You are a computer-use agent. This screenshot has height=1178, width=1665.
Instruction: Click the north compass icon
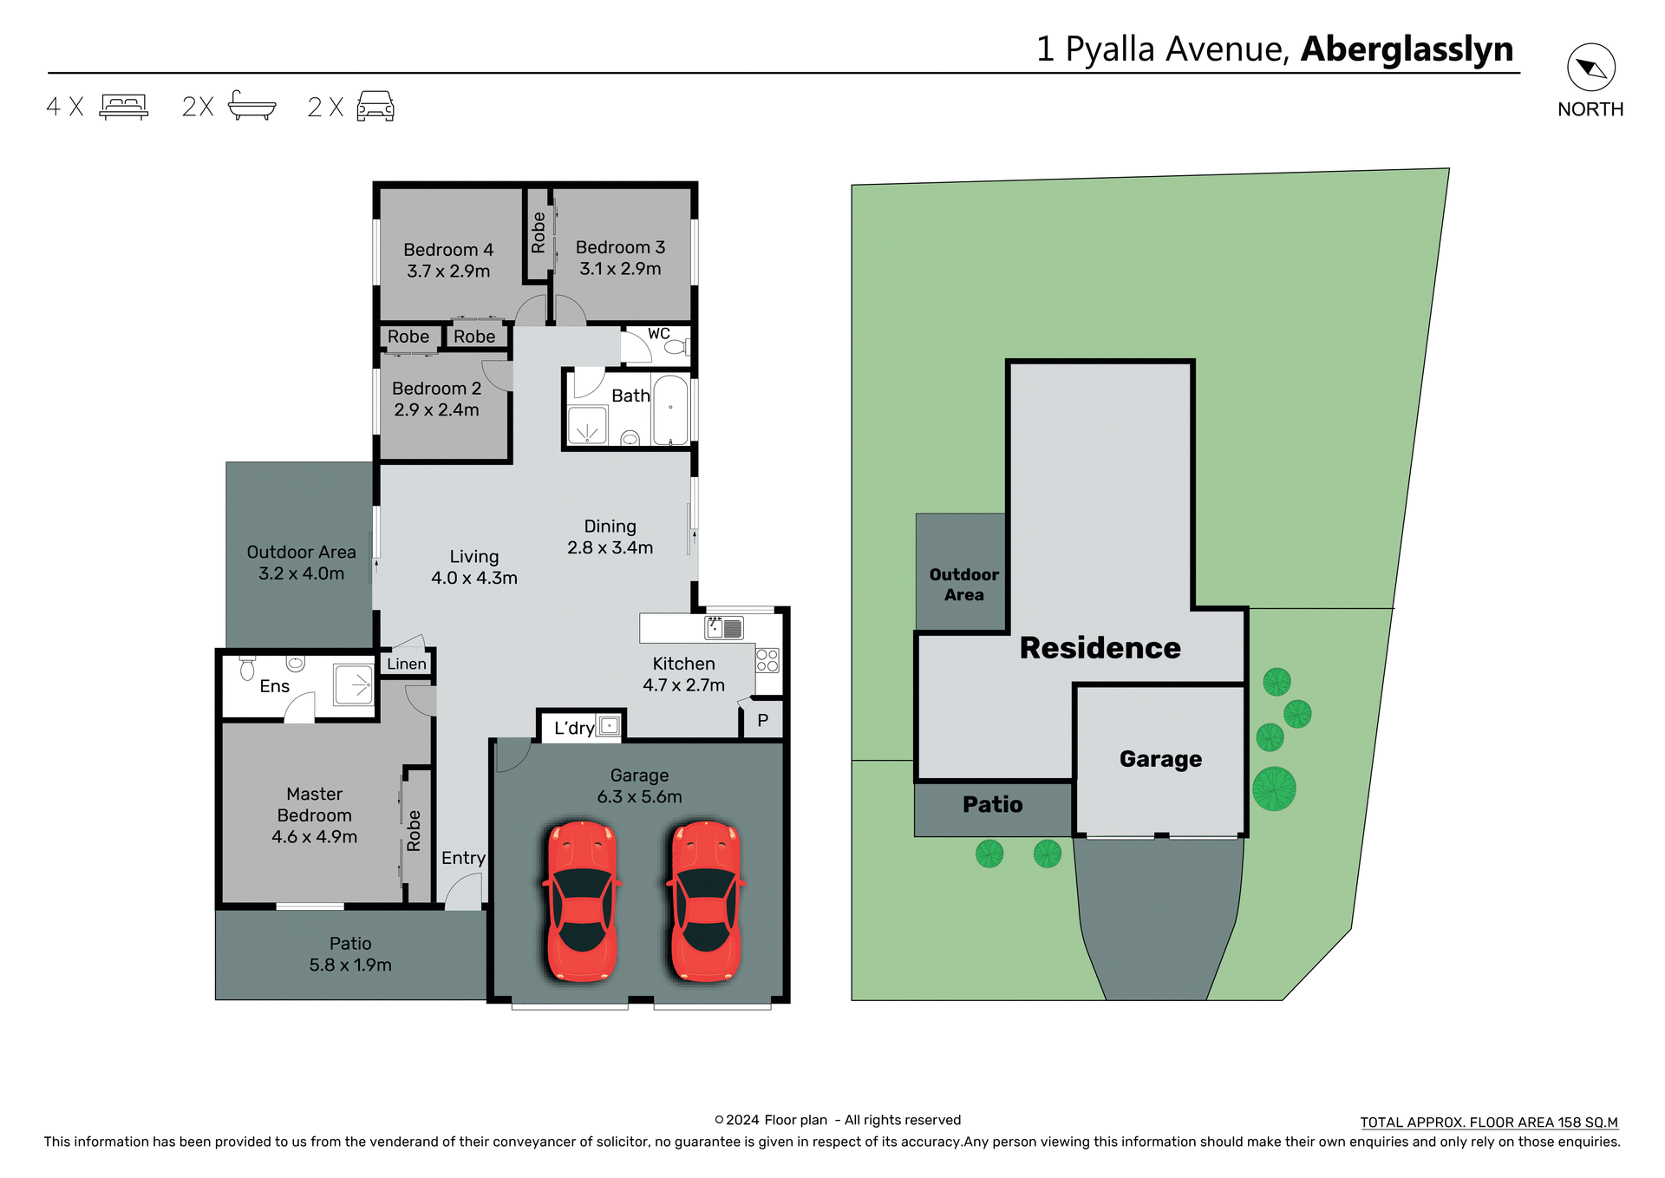[1590, 68]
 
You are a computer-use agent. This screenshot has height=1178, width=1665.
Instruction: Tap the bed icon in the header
[124, 107]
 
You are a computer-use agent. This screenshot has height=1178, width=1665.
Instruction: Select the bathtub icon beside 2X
[251, 106]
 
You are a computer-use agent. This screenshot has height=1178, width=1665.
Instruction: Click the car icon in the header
[375, 107]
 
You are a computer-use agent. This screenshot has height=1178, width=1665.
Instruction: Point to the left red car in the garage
[582, 901]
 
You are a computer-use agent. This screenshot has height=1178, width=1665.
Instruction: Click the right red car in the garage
[706, 901]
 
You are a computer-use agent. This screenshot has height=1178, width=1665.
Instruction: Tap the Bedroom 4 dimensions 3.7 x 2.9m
[448, 272]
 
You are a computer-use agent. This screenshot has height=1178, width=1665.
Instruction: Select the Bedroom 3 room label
[620, 248]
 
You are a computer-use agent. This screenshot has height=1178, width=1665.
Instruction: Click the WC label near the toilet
[658, 334]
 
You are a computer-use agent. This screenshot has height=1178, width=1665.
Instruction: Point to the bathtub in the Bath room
[670, 410]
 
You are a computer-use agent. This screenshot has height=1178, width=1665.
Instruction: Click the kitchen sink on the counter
[725, 627]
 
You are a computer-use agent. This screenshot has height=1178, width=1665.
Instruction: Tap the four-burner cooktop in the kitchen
[767, 660]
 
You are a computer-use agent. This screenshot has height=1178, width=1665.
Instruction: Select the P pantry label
[763, 721]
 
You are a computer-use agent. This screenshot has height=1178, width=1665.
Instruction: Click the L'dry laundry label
[574, 729]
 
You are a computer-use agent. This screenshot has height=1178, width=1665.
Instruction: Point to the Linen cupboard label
[407, 664]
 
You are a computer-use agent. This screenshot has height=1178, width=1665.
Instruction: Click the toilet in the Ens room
[247, 668]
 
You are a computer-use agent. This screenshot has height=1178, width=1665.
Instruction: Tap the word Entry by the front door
[463, 858]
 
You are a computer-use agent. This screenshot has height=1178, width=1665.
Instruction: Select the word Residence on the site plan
[1100, 648]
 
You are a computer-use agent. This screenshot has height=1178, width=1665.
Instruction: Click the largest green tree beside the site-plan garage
[1274, 789]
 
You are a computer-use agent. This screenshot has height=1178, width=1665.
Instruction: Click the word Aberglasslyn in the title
[1407, 49]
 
